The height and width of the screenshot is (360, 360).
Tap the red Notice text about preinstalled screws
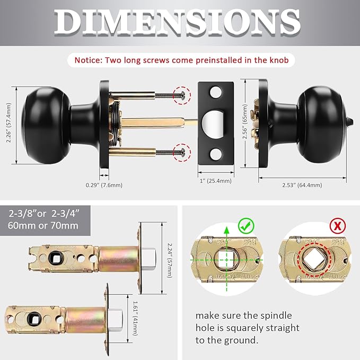[x=181, y=60]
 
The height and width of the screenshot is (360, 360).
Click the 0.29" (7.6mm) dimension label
[x=104, y=185]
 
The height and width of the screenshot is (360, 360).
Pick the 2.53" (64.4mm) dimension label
[x=302, y=185]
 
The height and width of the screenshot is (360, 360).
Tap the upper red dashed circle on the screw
[x=183, y=94]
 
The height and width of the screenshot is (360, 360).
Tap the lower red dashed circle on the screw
[x=183, y=151]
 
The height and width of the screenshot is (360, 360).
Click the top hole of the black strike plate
[x=215, y=93]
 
